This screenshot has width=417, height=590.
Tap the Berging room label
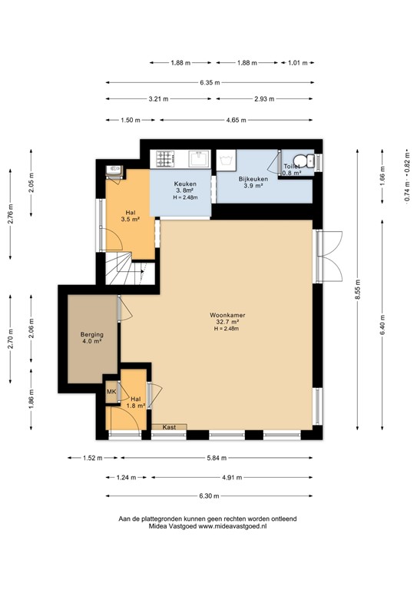(x=92, y=336)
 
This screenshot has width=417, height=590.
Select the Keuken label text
(x=185, y=184)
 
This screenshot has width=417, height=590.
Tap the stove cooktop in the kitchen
(x=164, y=158)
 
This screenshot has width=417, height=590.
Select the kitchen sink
(x=200, y=158)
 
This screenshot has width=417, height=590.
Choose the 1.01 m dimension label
(x=295, y=64)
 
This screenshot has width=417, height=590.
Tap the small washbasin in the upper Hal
(x=113, y=171)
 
